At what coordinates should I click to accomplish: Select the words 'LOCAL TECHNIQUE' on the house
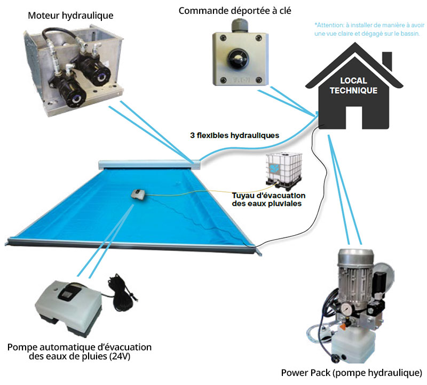(x=353, y=86)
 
